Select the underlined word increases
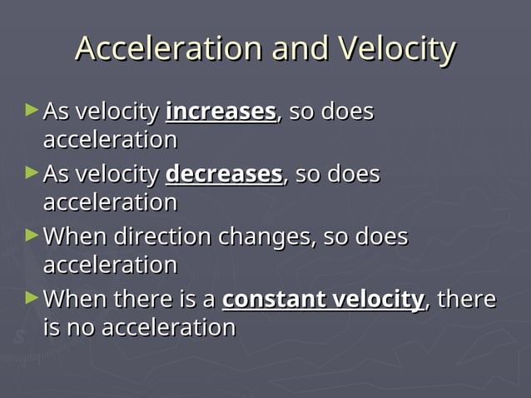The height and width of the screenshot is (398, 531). [x=221, y=112]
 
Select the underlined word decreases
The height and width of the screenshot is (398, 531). [x=224, y=174]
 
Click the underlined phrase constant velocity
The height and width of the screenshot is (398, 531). [x=323, y=299]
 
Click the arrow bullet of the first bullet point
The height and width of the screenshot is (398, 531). [x=32, y=110]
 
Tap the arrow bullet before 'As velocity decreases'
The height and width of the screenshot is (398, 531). [x=32, y=172]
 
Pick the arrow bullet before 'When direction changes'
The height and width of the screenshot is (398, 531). [x=32, y=235]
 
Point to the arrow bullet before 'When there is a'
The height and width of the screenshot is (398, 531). [x=32, y=297]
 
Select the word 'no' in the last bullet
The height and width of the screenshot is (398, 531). [x=82, y=328]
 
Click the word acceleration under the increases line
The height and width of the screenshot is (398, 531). [x=110, y=140]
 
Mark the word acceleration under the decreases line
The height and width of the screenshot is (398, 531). [x=110, y=202]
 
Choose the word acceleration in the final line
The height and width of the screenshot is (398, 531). [x=168, y=328]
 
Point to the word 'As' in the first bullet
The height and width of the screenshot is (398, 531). [x=56, y=112]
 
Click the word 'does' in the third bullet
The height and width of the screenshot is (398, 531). [x=382, y=236]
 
